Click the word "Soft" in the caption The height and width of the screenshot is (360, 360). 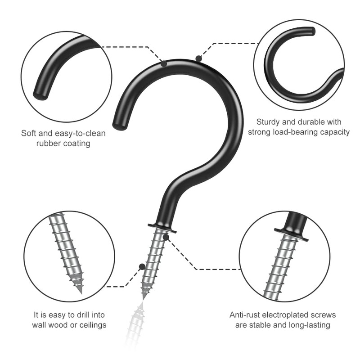(x=29, y=134)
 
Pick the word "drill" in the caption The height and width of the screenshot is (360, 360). (x=73, y=315)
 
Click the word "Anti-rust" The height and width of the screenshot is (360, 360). (x=245, y=315)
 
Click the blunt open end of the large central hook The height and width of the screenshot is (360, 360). (x=119, y=126)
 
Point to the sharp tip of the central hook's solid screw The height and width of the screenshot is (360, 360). (x=144, y=297)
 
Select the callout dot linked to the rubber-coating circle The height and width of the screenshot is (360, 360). (x=164, y=64)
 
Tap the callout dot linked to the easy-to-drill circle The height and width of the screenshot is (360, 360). (x=142, y=266)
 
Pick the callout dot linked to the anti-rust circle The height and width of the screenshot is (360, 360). (x=166, y=237)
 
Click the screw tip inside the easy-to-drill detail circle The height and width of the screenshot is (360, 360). (x=80, y=290)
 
